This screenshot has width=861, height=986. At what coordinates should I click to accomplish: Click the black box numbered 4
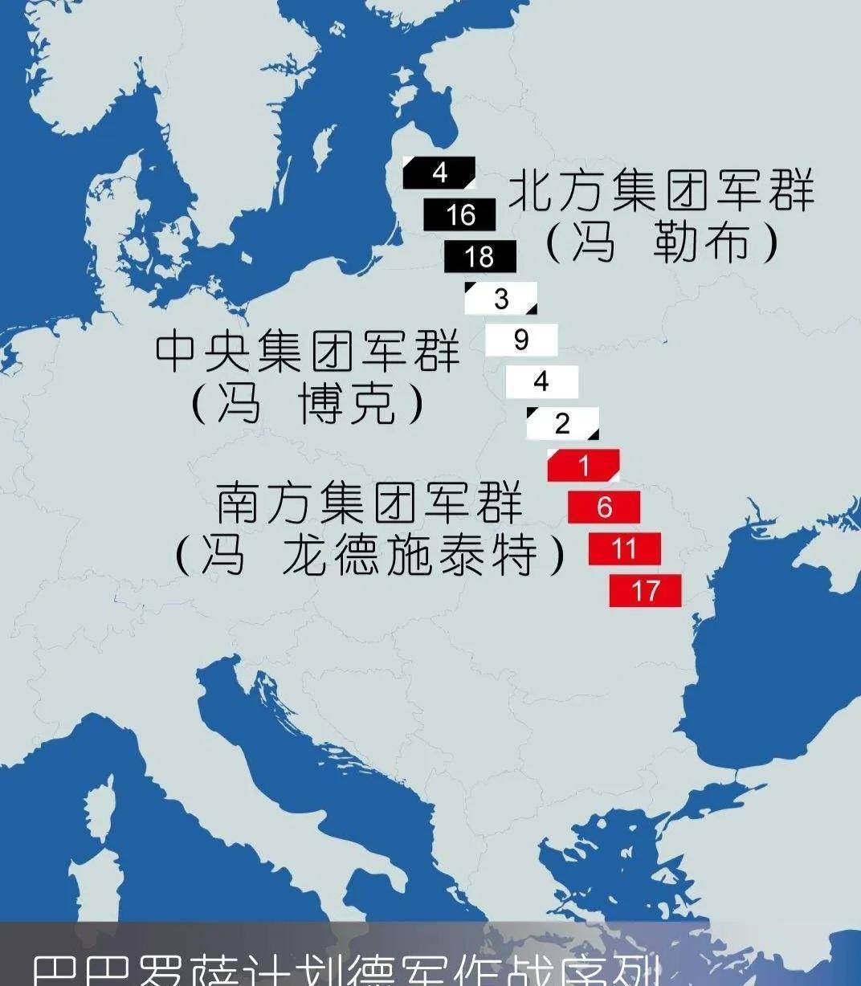click(439, 173)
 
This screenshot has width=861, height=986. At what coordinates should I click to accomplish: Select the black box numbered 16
click(459, 214)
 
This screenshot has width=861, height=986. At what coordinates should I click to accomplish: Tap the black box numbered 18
click(479, 256)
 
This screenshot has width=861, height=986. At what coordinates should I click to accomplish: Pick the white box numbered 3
click(500, 299)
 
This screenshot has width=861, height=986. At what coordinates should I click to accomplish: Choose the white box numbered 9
click(520, 340)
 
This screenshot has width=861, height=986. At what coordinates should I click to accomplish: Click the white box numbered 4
click(541, 382)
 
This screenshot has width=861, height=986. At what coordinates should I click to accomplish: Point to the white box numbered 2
click(562, 423)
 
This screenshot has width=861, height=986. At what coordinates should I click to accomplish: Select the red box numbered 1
click(583, 466)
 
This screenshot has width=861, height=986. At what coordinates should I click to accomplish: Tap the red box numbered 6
click(604, 507)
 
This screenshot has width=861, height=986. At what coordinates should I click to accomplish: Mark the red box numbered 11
click(624, 549)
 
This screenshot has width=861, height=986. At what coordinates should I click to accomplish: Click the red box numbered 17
click(645, 591)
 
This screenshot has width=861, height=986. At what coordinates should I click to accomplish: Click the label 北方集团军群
click(662, 191)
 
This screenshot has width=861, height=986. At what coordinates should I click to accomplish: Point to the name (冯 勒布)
click(662, 242)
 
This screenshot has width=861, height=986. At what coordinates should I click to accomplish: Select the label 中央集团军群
click(308, 351)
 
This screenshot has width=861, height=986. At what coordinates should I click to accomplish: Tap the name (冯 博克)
click(308, 402)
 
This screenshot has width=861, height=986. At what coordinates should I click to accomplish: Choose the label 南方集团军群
click(369, 503)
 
